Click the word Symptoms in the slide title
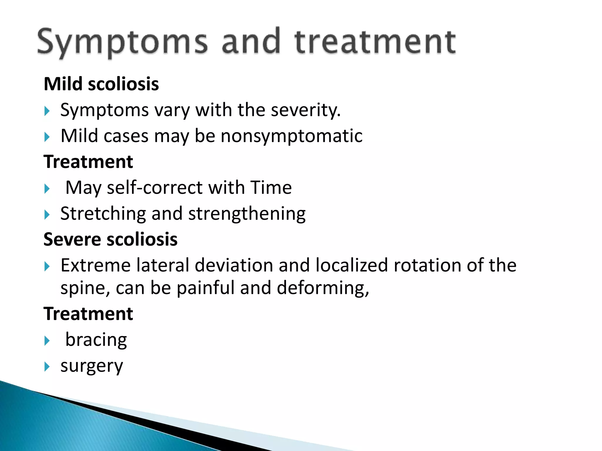tap(122, 43)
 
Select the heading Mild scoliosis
tap(101, 84)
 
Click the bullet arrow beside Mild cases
tap(47, 137)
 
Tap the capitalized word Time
tap(271, 188)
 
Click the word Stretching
tap(103, 213)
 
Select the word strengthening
tap(247, 213)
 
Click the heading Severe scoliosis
tap(111, 239)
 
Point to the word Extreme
tap(96, 265)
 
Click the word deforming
tap(323, 288)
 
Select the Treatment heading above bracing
tap(88, 314)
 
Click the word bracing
tap(96, 340)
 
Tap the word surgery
tap(92, 366)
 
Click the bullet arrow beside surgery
tap(47, 367)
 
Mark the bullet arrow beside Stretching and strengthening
tap(47, 215)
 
